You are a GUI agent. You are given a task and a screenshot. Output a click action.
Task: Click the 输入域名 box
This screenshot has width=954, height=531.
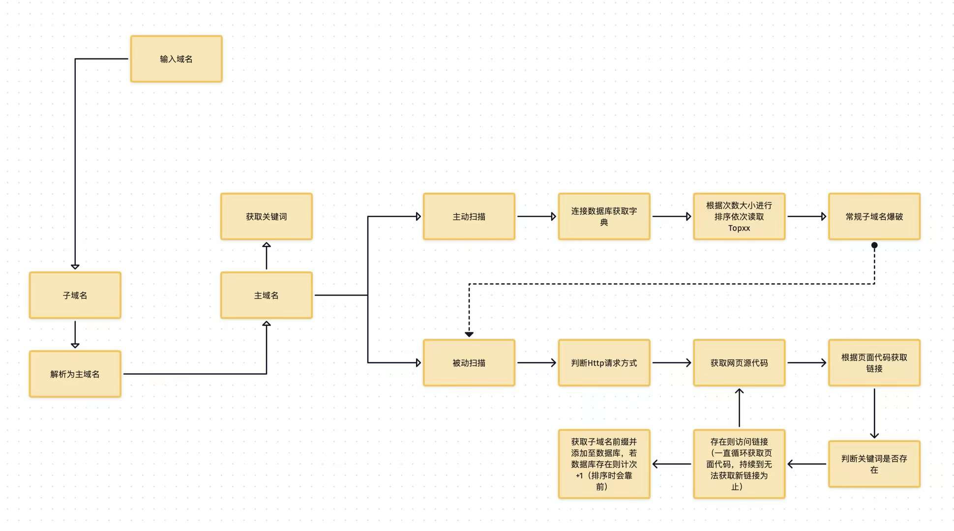(176, 59)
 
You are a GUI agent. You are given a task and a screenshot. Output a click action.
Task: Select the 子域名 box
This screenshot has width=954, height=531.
(75, 295)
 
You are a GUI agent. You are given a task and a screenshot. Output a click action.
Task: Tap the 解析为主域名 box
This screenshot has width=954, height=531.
(75, 374)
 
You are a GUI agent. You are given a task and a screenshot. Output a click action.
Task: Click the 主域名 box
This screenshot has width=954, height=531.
(266, 295)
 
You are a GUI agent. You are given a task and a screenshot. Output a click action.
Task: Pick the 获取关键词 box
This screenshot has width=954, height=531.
(266, 216)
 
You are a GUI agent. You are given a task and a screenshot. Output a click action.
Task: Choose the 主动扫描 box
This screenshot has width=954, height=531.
(469, 216)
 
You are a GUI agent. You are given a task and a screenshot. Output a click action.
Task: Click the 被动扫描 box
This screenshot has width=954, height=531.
(469, 362)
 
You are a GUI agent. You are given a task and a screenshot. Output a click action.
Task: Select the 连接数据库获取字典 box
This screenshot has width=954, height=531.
(604, 216)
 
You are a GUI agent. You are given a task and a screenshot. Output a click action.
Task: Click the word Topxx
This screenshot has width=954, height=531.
(739, 228)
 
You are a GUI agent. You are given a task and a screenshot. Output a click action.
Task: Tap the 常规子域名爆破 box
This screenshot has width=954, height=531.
(874, 216)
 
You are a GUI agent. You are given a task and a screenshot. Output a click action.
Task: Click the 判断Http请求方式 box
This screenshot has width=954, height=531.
(604, 362)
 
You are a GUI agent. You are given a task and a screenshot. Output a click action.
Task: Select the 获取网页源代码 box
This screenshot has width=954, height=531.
(739, 362)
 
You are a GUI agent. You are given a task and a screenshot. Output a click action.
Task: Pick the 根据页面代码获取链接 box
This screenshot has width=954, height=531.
(874, 362)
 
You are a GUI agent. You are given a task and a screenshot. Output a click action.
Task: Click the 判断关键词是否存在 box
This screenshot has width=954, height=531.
(874, 464)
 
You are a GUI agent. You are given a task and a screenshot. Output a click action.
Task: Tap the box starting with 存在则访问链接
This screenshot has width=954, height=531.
(739, 464)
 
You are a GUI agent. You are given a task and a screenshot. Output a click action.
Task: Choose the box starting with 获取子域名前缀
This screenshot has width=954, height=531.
(604, 464)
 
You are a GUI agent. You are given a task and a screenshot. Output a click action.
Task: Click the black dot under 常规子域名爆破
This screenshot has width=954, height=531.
(874, 245)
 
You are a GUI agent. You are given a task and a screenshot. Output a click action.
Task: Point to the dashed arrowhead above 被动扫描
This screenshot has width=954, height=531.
(469, 334)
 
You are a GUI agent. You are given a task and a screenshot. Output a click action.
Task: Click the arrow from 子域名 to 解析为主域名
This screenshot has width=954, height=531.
(75, 334)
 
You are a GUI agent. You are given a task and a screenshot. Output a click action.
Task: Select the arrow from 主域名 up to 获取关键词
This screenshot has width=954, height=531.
(266, 256)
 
